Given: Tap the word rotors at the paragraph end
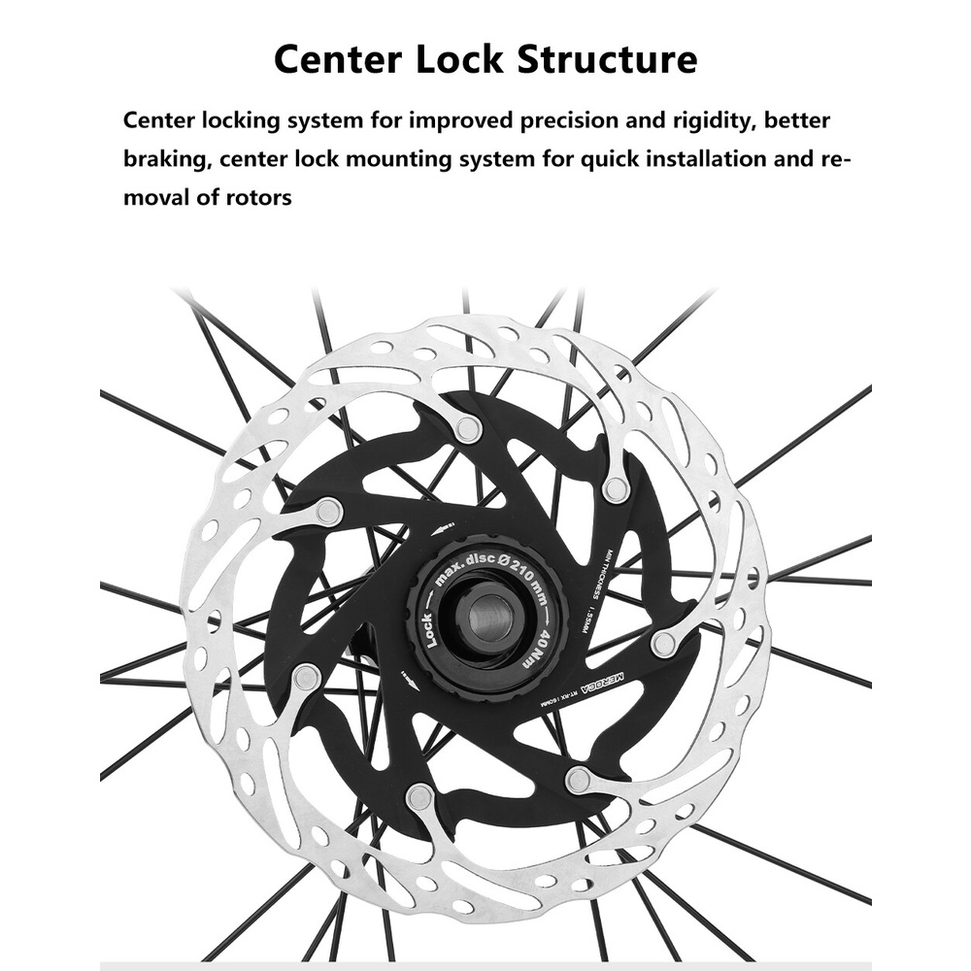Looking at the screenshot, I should [x=259, y=197].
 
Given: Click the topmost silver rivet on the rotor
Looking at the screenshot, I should [x=468, y=428].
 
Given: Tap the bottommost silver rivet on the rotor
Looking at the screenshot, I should [x=420, y=797].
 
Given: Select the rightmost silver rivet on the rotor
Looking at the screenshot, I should [x=664, y=643].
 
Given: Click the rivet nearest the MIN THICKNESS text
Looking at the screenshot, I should [x=616, y=488].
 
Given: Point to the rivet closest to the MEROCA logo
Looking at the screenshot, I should [x=664, y=643].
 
